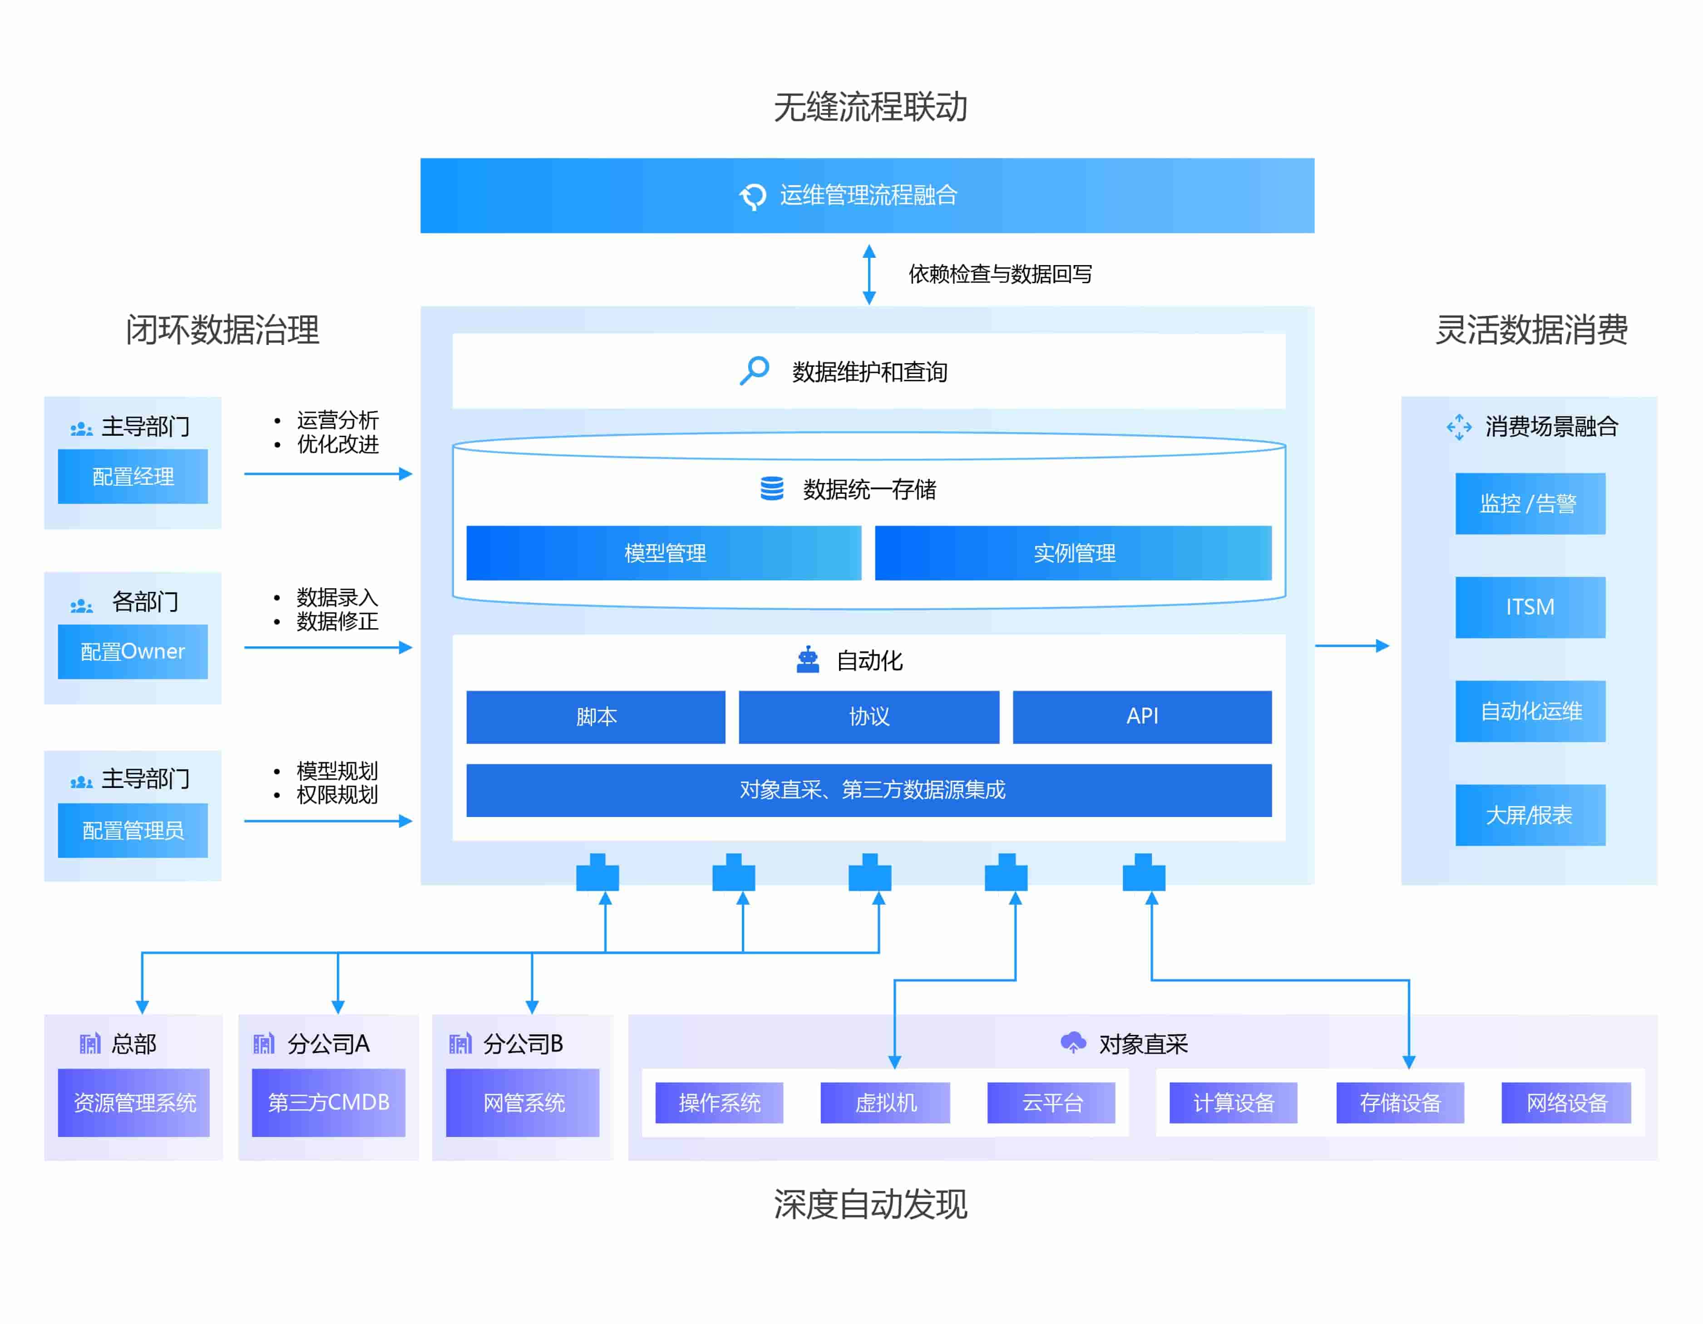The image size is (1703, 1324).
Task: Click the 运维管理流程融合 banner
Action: [x=867, y=196]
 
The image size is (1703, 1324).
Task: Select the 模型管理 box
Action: [x=664, y=553]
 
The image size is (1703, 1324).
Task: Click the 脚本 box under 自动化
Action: [x=596, y=717]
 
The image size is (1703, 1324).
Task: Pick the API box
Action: [x=1141, y=717]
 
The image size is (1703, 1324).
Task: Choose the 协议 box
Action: [x=869, y=717]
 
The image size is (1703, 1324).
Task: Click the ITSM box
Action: [x=1530, y=607]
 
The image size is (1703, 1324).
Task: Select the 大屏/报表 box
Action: [x=1530, y=815]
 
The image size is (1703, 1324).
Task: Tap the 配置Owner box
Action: [x=133, y=652]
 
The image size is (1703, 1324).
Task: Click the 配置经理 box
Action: [x=133, y=477]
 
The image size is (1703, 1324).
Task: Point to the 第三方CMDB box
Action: [x=328, y=1103]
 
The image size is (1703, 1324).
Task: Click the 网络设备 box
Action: [x=1566, y=1103]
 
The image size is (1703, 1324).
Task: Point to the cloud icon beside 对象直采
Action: [x=1073, y=1043]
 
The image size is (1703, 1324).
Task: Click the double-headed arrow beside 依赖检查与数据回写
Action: [x=869, y=274]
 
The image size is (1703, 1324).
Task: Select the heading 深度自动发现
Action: [x=870, y=1205]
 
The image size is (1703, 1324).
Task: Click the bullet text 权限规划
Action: [x=337, y=795]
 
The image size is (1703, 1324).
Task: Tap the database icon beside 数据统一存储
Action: [x=772, y=489]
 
